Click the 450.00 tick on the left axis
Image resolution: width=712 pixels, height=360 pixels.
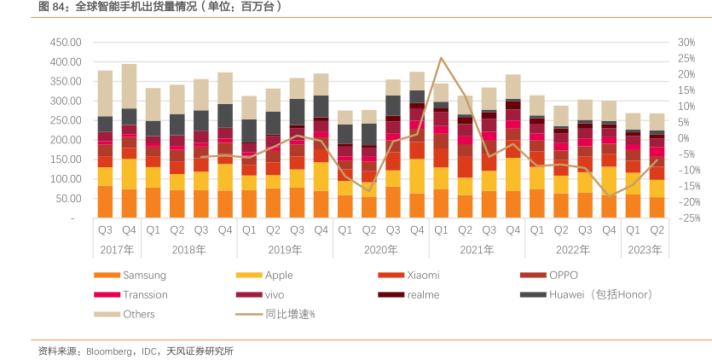pyautogui.click(x=64, y=43)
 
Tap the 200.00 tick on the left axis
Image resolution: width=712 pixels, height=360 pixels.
pyautogui.click(x=64, y=140)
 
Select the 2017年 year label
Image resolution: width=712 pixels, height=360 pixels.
pyautogui.click(x=117, y=250)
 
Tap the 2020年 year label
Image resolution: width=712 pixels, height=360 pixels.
pyautogui.click(x=380, y=250)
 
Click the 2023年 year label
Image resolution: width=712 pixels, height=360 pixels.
pyautogui.click(x=645, y=250)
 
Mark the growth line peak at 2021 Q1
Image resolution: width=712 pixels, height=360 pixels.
pyautogui.click(x=441, y=58)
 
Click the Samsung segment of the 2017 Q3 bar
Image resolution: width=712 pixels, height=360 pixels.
pyautogui.click(x=105, y=201)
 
